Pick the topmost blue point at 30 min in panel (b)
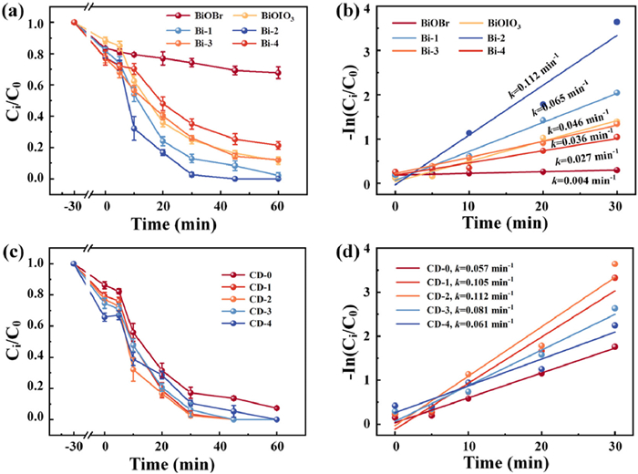(x=616, y=23)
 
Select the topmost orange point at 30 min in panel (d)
(x=616, y=264)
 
